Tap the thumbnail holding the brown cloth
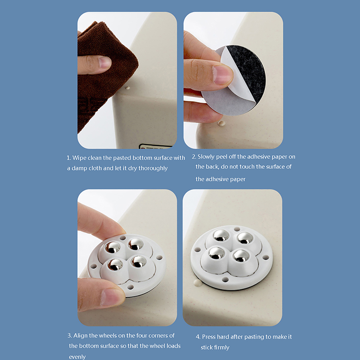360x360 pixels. (x=104, y=62)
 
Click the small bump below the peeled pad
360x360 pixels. (x=221, y=123)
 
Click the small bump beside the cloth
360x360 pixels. (x=127, y=88)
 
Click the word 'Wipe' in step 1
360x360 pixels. (x=79, y=158)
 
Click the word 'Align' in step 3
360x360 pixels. (x=81, y=336)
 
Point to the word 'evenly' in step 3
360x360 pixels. (x=77, y=357)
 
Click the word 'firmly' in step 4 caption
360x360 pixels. (x=221, y=347)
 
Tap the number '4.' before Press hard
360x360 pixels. (x=198, y=337)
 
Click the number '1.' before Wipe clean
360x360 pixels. (x=69, y=158)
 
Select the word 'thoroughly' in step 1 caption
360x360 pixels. (x=153, y=168)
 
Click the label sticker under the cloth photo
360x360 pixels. (x=155, y=146)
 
